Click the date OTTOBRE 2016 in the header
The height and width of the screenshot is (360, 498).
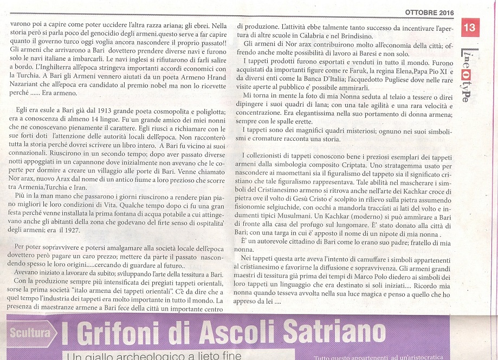point(430,12)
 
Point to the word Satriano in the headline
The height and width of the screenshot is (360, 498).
point(335,332)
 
